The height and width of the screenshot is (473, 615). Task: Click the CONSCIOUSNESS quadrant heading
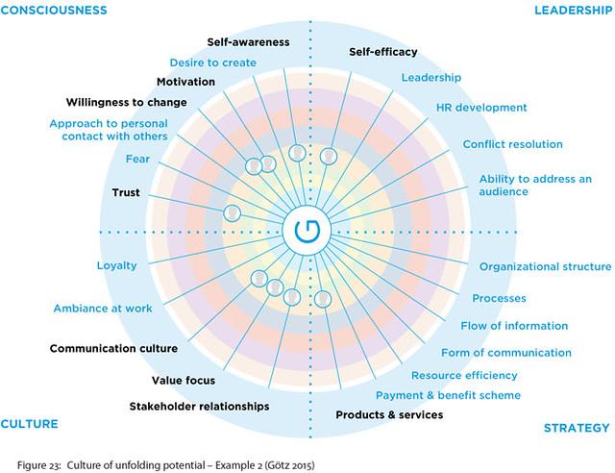point(53,10)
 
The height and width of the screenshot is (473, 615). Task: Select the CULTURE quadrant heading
point(30,424)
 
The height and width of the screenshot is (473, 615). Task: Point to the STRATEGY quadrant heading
point(576,428)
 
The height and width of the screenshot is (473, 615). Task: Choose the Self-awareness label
point(249,42)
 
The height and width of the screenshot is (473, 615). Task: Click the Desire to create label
point(212,62)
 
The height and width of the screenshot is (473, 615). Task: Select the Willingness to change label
point(126,102)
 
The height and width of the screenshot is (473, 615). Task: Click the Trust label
point(126,193)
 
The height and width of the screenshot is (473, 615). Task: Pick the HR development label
point(480,107)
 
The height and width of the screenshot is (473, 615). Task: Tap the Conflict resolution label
point(512,144)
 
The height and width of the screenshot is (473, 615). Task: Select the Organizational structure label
point(543,266)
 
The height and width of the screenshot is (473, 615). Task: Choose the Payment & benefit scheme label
point(448,395)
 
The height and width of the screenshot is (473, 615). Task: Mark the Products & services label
point(389,415)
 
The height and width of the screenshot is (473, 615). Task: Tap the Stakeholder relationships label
point(199,407)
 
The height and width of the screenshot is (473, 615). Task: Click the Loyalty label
point(116,265)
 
